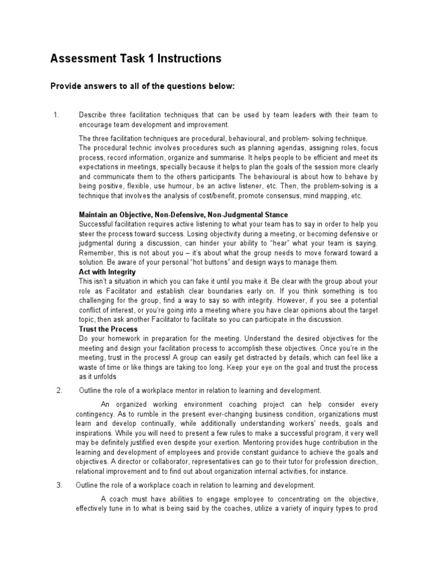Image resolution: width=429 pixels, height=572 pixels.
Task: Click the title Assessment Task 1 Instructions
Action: click(136, 59)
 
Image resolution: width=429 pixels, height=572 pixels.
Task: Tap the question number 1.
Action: click(56, 115)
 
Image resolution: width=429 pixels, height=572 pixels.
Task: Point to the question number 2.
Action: click(59, 390)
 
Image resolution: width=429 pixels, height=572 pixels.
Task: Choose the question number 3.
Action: click(59, 484)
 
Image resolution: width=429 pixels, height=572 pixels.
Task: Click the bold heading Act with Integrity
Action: click(107, 272)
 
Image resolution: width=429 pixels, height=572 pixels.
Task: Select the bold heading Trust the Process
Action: click(108, 329)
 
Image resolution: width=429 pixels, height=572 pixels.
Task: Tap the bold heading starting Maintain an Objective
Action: click(183, 215)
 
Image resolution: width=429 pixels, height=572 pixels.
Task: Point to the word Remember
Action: click(96, 253)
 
